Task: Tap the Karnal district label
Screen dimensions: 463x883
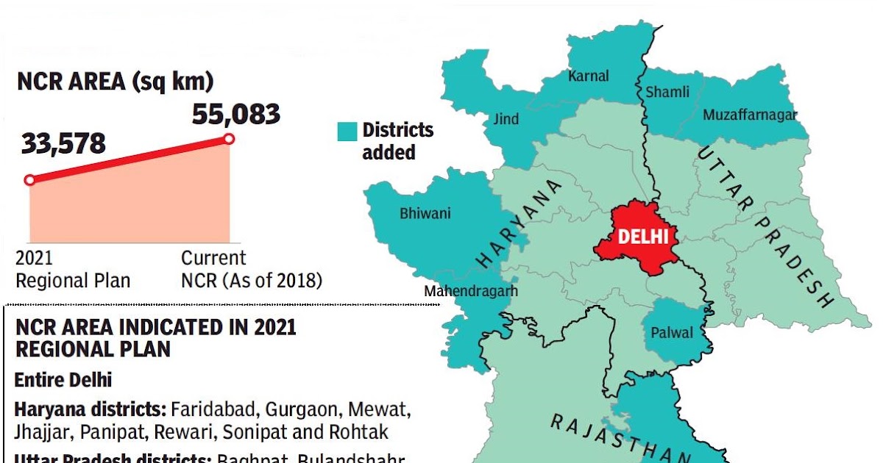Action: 588,76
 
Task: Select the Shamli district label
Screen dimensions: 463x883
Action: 667,92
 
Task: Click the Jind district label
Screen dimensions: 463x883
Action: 506,119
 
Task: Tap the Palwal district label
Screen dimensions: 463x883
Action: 672,333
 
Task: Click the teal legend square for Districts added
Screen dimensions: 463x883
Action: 347,131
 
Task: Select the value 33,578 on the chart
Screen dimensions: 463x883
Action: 63,144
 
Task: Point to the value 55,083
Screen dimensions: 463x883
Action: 235,114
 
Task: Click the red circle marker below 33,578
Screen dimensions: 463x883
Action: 29,180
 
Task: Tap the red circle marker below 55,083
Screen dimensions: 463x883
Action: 229,138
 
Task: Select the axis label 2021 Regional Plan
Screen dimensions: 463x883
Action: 72,270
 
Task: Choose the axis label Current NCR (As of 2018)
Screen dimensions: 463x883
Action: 251,270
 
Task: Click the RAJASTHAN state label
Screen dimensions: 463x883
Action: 622,439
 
